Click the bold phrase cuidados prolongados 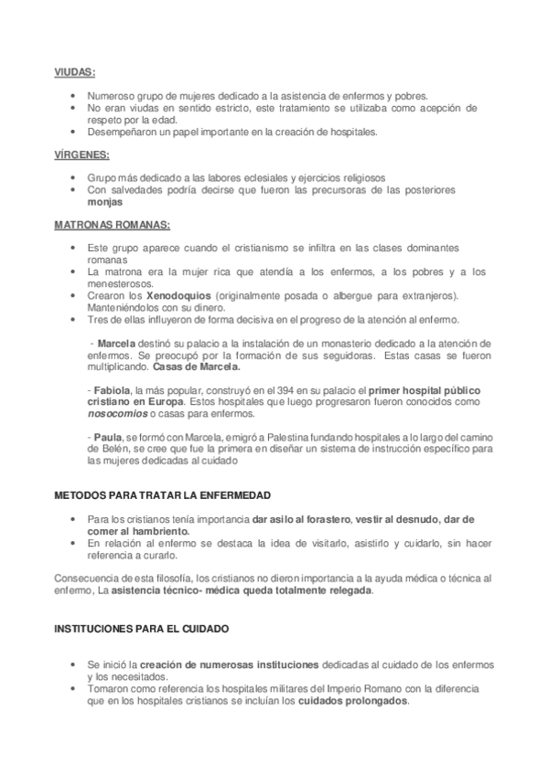pos(353,701)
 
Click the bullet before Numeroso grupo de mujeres pos(73,95)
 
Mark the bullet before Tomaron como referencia pos(73,688)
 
